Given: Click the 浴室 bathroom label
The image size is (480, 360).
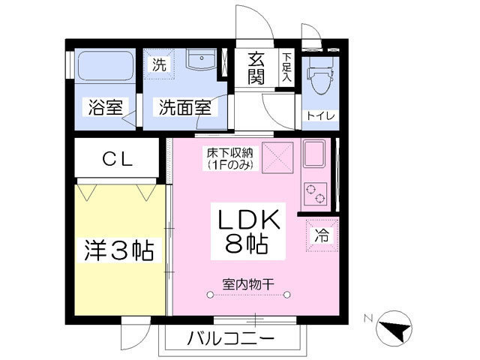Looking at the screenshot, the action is [106, 107].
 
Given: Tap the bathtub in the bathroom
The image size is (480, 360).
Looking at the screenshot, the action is [106, 65].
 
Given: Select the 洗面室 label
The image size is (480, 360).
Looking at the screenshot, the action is [185, 107].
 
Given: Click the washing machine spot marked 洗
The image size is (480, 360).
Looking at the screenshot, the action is [159, 64].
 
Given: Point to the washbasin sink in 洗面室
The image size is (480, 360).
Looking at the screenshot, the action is [202, 59].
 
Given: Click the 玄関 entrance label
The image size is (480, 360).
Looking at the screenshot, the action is [256, 68].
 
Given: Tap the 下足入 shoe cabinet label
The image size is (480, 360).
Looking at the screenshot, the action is [286, 67].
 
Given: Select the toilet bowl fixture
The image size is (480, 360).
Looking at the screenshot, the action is [320, 76].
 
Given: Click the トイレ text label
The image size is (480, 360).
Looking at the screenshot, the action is [320, 116].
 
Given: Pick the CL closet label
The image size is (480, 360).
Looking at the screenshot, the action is [118, 159].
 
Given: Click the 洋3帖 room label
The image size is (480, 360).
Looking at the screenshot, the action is [118, 250].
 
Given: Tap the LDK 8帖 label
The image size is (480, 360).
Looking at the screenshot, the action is [248, 232].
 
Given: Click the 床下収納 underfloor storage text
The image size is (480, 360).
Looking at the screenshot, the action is [230, 158].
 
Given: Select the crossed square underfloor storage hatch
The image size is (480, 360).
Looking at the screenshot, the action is [277, 158].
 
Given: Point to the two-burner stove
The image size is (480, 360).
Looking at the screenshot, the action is [315, 194].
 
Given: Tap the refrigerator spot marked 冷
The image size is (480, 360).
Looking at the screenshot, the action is [322, 235].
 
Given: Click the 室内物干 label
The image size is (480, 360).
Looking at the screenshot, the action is [248, 285].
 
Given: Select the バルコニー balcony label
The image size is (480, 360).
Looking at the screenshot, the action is [230, 338].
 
